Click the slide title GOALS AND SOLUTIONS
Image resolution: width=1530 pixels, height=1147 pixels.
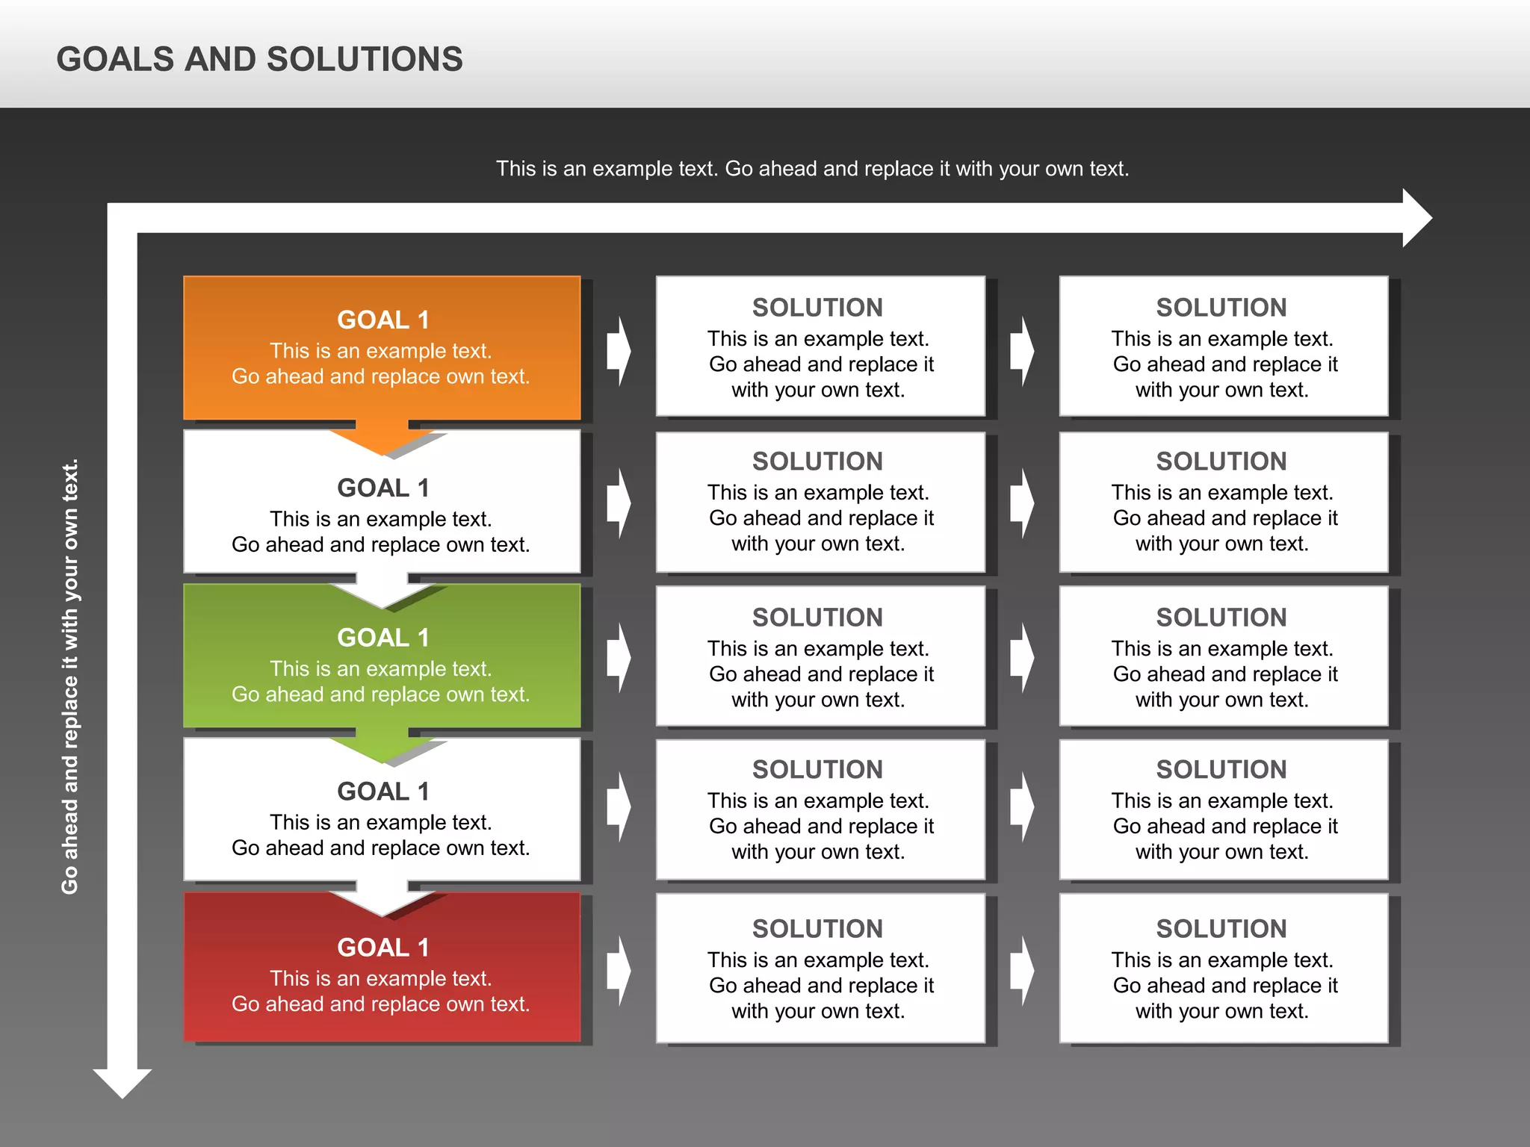click(x=259, y=59)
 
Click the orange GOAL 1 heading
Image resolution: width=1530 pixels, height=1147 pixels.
click(x=382, y=320)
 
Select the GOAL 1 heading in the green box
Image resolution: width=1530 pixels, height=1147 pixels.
click(x=382, y=638)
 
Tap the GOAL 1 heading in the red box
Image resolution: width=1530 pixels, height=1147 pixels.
click(x=382, y=947)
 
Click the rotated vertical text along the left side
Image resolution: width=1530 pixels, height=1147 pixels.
click(x=69, y=676)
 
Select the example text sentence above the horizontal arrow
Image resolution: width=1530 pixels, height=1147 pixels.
click(x=812, y=169)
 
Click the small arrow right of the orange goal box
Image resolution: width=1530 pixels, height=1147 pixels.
click(x=619, y=350)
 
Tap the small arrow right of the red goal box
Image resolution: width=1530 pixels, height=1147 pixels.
click(x=619, y=971)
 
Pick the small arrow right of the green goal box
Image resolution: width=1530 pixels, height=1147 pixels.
click(x=619, y=658)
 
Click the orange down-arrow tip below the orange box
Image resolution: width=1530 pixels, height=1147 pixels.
click(x=382, y=444)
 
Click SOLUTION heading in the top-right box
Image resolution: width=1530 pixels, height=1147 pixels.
click(x=1221, y=308)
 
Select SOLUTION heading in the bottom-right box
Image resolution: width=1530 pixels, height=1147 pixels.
click(x=1221, y=929)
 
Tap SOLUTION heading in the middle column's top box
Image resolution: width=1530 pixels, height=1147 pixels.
click(x=817, y=308)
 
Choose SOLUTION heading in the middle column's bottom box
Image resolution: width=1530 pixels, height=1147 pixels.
click(x=817, y=929)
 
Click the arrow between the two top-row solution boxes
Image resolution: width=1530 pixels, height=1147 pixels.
click(x=1022, y=350)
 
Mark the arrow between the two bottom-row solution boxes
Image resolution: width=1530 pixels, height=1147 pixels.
click(x=1022, y=971)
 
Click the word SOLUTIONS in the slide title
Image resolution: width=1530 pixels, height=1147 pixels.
click(x=365, y=59)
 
